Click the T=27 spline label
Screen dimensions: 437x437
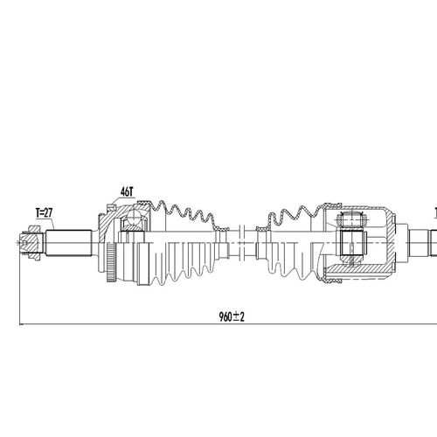[x=45, y=213]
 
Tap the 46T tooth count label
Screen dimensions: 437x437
[x=127, y=191]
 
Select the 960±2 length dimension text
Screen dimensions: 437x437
[x=232, y=316]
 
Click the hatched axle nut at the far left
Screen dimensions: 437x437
[x=30, y=243]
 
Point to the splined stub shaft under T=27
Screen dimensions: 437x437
[x=69, y=243]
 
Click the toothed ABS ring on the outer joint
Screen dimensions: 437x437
[x=111, y=261]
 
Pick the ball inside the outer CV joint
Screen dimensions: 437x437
[x=135, y=216]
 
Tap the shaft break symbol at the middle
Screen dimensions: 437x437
[x=242, y=242]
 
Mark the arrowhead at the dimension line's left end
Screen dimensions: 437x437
[x=21, y=323]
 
